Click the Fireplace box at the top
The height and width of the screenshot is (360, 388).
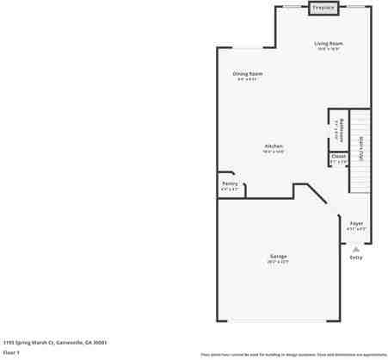point(323,8)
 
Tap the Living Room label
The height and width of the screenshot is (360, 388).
point(329,43)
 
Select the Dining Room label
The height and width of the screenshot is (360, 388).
point(248,74)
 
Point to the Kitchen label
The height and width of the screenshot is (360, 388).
point(274,146)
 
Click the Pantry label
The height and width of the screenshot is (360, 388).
point(230,183)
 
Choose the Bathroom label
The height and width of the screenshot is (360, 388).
point(342,129)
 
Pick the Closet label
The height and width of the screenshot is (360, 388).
point(338,156)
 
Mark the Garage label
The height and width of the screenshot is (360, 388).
point(279,256)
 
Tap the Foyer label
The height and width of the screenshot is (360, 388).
point(356,223)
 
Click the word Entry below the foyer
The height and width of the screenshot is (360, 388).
point(356,258)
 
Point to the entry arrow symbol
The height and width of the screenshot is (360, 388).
point(356,249)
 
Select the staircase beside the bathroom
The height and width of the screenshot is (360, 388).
point(360,151)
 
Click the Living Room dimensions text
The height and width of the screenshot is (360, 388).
point(329,49)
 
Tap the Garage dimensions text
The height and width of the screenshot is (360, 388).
point(279,261)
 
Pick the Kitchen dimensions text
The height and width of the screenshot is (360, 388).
point(274,152)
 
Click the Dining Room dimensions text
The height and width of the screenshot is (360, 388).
point(248,79)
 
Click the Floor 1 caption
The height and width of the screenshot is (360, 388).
point(11,351)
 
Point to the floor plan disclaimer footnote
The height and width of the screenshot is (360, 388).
point(293,354)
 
